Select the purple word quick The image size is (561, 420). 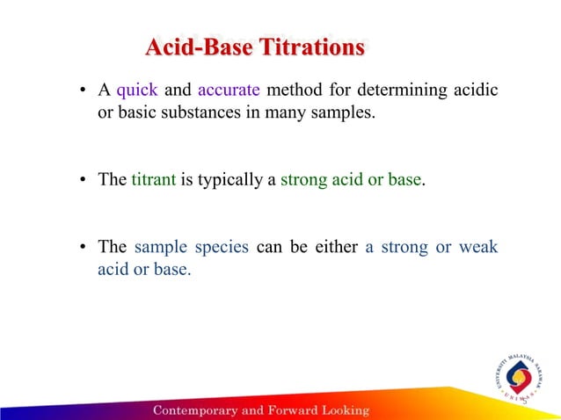137,91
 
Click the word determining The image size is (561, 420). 400,91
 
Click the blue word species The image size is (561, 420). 218,247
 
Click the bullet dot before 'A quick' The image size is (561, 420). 81,91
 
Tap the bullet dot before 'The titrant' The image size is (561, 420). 81,181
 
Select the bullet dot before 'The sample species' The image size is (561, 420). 81,248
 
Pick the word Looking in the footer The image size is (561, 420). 345,410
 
